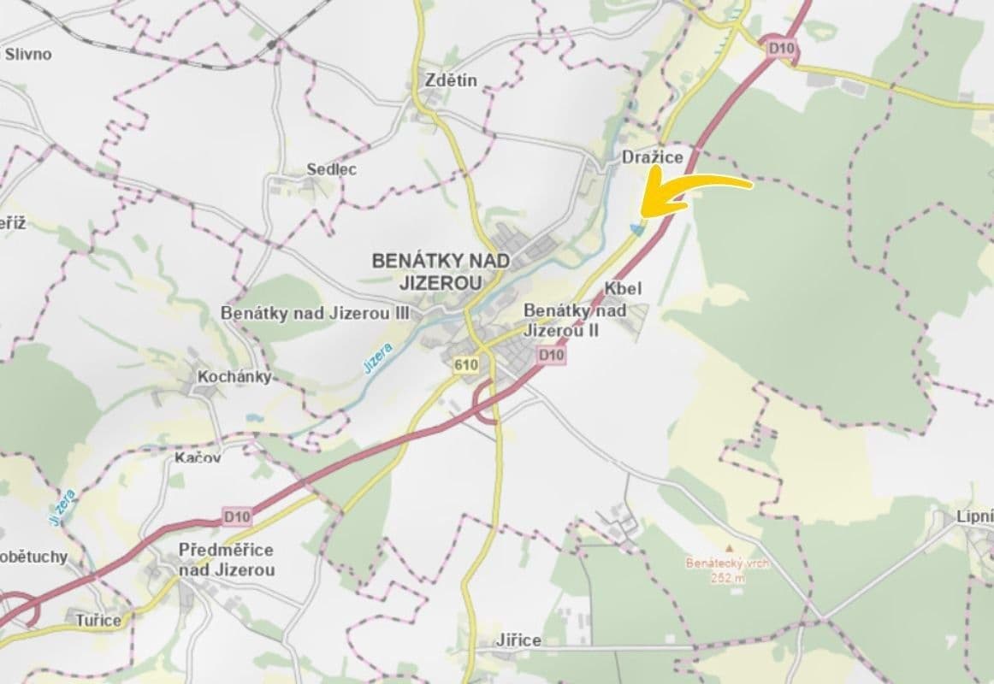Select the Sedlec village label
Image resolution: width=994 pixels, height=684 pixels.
[332, 169]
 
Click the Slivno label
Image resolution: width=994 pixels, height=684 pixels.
[28, 55]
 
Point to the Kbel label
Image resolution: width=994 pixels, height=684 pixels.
[622, 289]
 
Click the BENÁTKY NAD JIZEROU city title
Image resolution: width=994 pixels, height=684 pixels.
[441, 270]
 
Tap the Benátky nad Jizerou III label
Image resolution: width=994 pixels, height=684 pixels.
[316, 313]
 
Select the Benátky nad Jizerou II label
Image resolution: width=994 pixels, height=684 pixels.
[575, 320]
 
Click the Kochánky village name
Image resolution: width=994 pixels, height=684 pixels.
[234, 376]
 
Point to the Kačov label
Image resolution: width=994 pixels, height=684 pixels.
[198, 457]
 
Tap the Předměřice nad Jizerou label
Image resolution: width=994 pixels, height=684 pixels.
[227, 559]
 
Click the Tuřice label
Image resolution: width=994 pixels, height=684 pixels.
[98, 620]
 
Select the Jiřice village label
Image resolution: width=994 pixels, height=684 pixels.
[518, 640]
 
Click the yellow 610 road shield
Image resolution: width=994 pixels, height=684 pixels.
[466, 365]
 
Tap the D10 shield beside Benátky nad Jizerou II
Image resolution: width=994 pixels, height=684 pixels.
[552, 355]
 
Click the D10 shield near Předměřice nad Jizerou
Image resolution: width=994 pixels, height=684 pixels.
[238, 516]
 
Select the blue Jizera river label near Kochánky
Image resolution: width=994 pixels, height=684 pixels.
[377, 357]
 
